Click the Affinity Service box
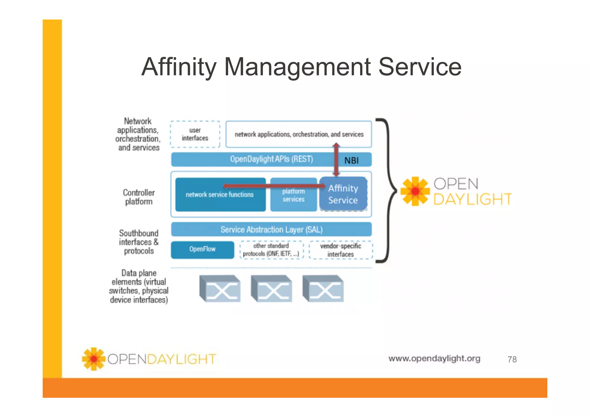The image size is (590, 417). coord(343,194)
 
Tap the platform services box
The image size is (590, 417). coord(293,199)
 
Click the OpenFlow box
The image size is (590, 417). coord(202,249)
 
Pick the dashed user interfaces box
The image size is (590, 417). coord(195,134)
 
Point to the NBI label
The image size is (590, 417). coord(351,161)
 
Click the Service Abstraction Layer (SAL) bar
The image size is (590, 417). coord(271,230)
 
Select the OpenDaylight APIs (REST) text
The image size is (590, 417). coord(271,159)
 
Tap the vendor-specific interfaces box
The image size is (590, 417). coord(341,250)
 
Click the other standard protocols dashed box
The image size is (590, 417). coord(271,250)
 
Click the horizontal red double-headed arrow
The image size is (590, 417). coord(274,186)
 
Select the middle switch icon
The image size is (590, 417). coord(271,289)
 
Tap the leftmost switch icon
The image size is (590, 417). coord(220,289)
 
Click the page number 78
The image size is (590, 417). coord(512,359)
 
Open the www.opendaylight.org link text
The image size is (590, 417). coord(434,358)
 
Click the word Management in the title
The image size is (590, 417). coord(297,67)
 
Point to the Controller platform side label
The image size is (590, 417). coord(139,197)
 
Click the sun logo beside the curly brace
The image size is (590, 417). coord(415,191)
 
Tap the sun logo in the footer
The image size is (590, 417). coord(94,359)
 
